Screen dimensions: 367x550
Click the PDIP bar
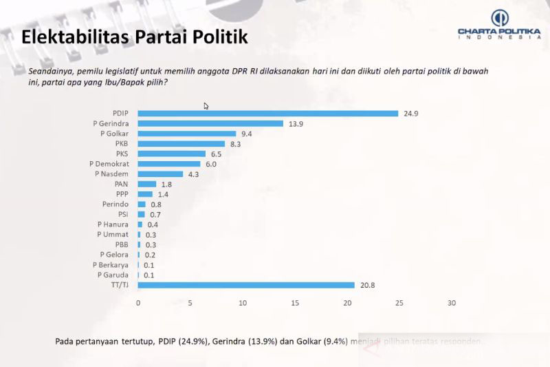pos(268,114)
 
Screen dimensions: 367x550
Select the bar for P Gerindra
pos(210,123)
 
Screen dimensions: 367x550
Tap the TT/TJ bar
pos(246,285)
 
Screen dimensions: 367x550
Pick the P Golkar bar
pos(187,134)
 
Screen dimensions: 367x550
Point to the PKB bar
pos(181,144)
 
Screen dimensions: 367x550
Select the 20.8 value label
pos(365,285)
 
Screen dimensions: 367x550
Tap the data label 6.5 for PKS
pos(217,154)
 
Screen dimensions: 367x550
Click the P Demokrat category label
pos(110,164)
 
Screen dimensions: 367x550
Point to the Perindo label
pos(117,205)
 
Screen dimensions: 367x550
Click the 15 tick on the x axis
pos(295,303)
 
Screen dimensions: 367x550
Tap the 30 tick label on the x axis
pos(452,303)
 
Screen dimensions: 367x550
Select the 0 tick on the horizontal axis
pos(138,303)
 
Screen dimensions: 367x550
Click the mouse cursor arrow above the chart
pos(206,106)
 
